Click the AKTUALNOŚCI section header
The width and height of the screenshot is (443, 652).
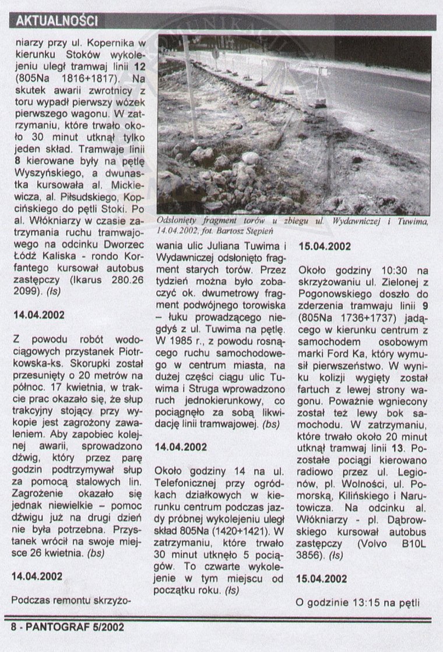click(x=57, y=22)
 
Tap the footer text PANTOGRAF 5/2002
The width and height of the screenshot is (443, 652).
click(x=67, y=628)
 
